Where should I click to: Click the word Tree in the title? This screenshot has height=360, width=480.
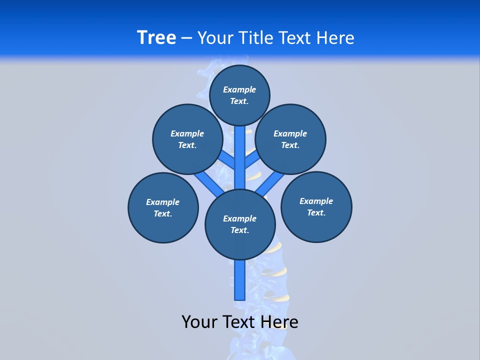(x=156, y=37)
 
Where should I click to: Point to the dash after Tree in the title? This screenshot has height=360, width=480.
(x=186, y=38)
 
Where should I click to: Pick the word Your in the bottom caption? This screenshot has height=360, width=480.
(x=199, y=321)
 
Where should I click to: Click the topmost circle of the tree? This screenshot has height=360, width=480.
(x=239, y=95)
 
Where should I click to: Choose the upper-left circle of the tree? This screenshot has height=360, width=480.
(x=187, y=139)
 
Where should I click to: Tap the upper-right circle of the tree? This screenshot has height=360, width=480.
(x=290, y=139)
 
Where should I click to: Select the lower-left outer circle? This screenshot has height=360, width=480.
(x=163, y=207)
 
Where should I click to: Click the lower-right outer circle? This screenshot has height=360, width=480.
(x=316, y=206)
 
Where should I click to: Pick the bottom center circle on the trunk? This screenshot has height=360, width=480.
(x=240, y=224)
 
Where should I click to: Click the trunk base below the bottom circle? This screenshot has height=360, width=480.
(x=240, y=280)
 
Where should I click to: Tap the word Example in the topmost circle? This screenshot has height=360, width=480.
(x=239, y=89)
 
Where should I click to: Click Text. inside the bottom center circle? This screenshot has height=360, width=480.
(x=239, y=230)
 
